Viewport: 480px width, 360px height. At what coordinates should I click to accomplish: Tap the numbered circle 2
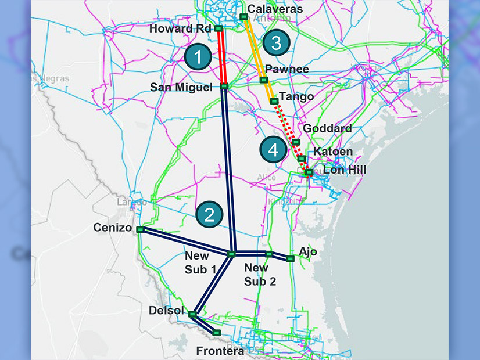[x=209, y=215]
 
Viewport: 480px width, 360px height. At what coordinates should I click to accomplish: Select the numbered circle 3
[x=276, y=42]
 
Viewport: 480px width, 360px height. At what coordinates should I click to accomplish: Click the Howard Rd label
[x=181, y=28]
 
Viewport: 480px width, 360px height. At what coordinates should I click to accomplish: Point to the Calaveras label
[x=275, y=9]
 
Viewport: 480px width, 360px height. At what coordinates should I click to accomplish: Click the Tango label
[x=296, y=96]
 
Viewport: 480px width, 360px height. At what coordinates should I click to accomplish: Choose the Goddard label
[x=328, y=128]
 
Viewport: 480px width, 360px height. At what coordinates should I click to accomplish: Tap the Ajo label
[x=308, y=251]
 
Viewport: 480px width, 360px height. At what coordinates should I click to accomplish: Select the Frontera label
[x=220, y=351]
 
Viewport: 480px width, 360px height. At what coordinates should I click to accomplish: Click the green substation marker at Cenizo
[x=140, y=230]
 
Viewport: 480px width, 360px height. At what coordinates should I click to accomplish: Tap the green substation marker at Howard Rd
[x=218, y=28]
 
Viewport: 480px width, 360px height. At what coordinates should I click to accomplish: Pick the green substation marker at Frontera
[x=217, y=333]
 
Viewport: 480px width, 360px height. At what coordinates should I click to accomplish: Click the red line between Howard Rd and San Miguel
[x=221, y=58]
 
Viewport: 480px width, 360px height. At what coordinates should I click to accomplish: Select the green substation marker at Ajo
[x=291, y=259]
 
